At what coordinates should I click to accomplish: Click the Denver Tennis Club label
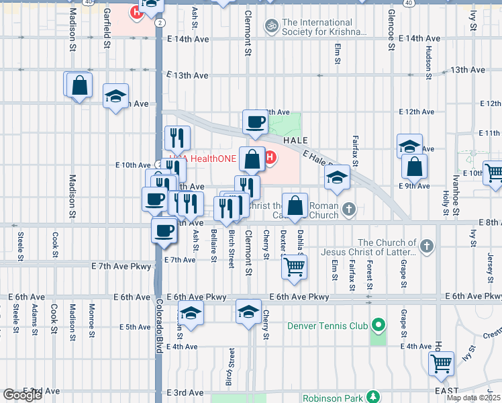[x=327, y=326]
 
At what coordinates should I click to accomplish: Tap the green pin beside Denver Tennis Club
[x=379, y=326]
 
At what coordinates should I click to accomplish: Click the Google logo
[x=21, y=395]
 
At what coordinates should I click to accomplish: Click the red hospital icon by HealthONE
[x=270, y=158]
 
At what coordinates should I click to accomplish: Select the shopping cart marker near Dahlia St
[x=295, y=267]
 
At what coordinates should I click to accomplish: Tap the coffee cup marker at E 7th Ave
[x=164, y=231]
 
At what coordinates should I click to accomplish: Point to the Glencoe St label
[x=390, y=30]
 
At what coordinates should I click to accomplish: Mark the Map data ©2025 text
[x=473, y=398]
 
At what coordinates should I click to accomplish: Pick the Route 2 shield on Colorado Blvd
[x=158, y=23]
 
